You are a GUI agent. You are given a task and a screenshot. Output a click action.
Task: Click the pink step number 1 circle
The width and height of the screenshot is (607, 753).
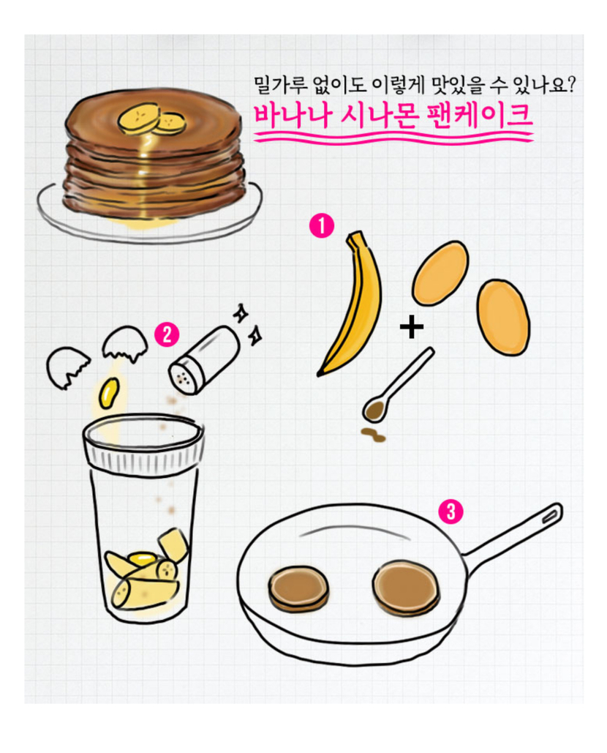click(322, 225)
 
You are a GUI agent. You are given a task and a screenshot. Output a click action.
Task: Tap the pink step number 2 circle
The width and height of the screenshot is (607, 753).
click(167, 334)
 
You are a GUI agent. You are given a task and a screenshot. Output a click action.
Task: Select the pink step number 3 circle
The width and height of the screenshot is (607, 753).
click(451, 512)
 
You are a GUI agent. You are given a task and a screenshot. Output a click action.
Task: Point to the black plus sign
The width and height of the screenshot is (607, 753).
click(411, 327)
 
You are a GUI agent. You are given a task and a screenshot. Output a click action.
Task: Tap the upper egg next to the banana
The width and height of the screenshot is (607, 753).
click(440, 273)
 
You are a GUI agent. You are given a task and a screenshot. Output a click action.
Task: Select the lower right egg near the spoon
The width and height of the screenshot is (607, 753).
click(503, 318)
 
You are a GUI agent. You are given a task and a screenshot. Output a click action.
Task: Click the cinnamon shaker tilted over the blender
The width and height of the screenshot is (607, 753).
click(203, 360)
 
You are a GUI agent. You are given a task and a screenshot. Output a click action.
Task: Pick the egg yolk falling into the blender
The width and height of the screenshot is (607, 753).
click(109, 392)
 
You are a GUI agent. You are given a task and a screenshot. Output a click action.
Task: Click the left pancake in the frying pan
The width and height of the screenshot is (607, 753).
click(298, 589)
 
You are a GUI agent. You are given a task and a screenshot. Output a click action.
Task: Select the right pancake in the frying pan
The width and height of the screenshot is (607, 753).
click(406, 588)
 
